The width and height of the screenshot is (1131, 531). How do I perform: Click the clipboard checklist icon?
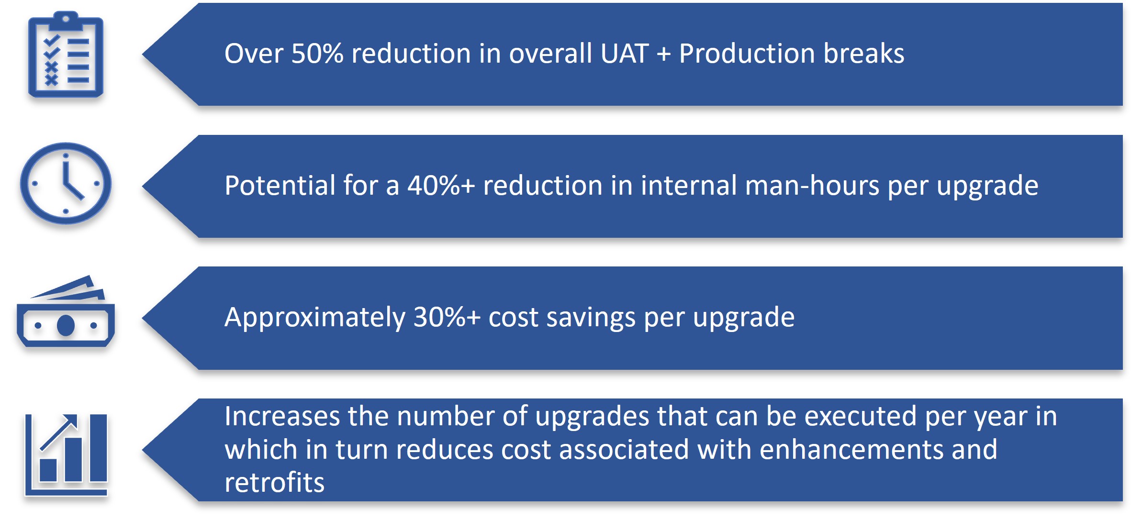[66, 55]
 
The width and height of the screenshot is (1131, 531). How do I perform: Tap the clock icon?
[66, 184]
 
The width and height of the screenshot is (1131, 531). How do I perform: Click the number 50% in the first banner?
[317, 53]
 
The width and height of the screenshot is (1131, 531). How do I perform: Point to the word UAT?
[625, 53]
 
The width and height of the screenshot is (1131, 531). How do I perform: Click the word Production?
[747, 53]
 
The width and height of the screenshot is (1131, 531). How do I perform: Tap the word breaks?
[864, 53]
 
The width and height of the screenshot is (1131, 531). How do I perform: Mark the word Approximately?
[315, 318]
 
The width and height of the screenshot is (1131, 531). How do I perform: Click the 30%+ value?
[447, 317]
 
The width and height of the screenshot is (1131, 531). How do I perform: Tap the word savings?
[591, 318]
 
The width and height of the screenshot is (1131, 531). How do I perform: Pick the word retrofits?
[275, 482]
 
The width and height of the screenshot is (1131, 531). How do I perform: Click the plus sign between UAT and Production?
[664, 54]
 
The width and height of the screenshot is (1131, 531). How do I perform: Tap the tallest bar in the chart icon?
[98, 448]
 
